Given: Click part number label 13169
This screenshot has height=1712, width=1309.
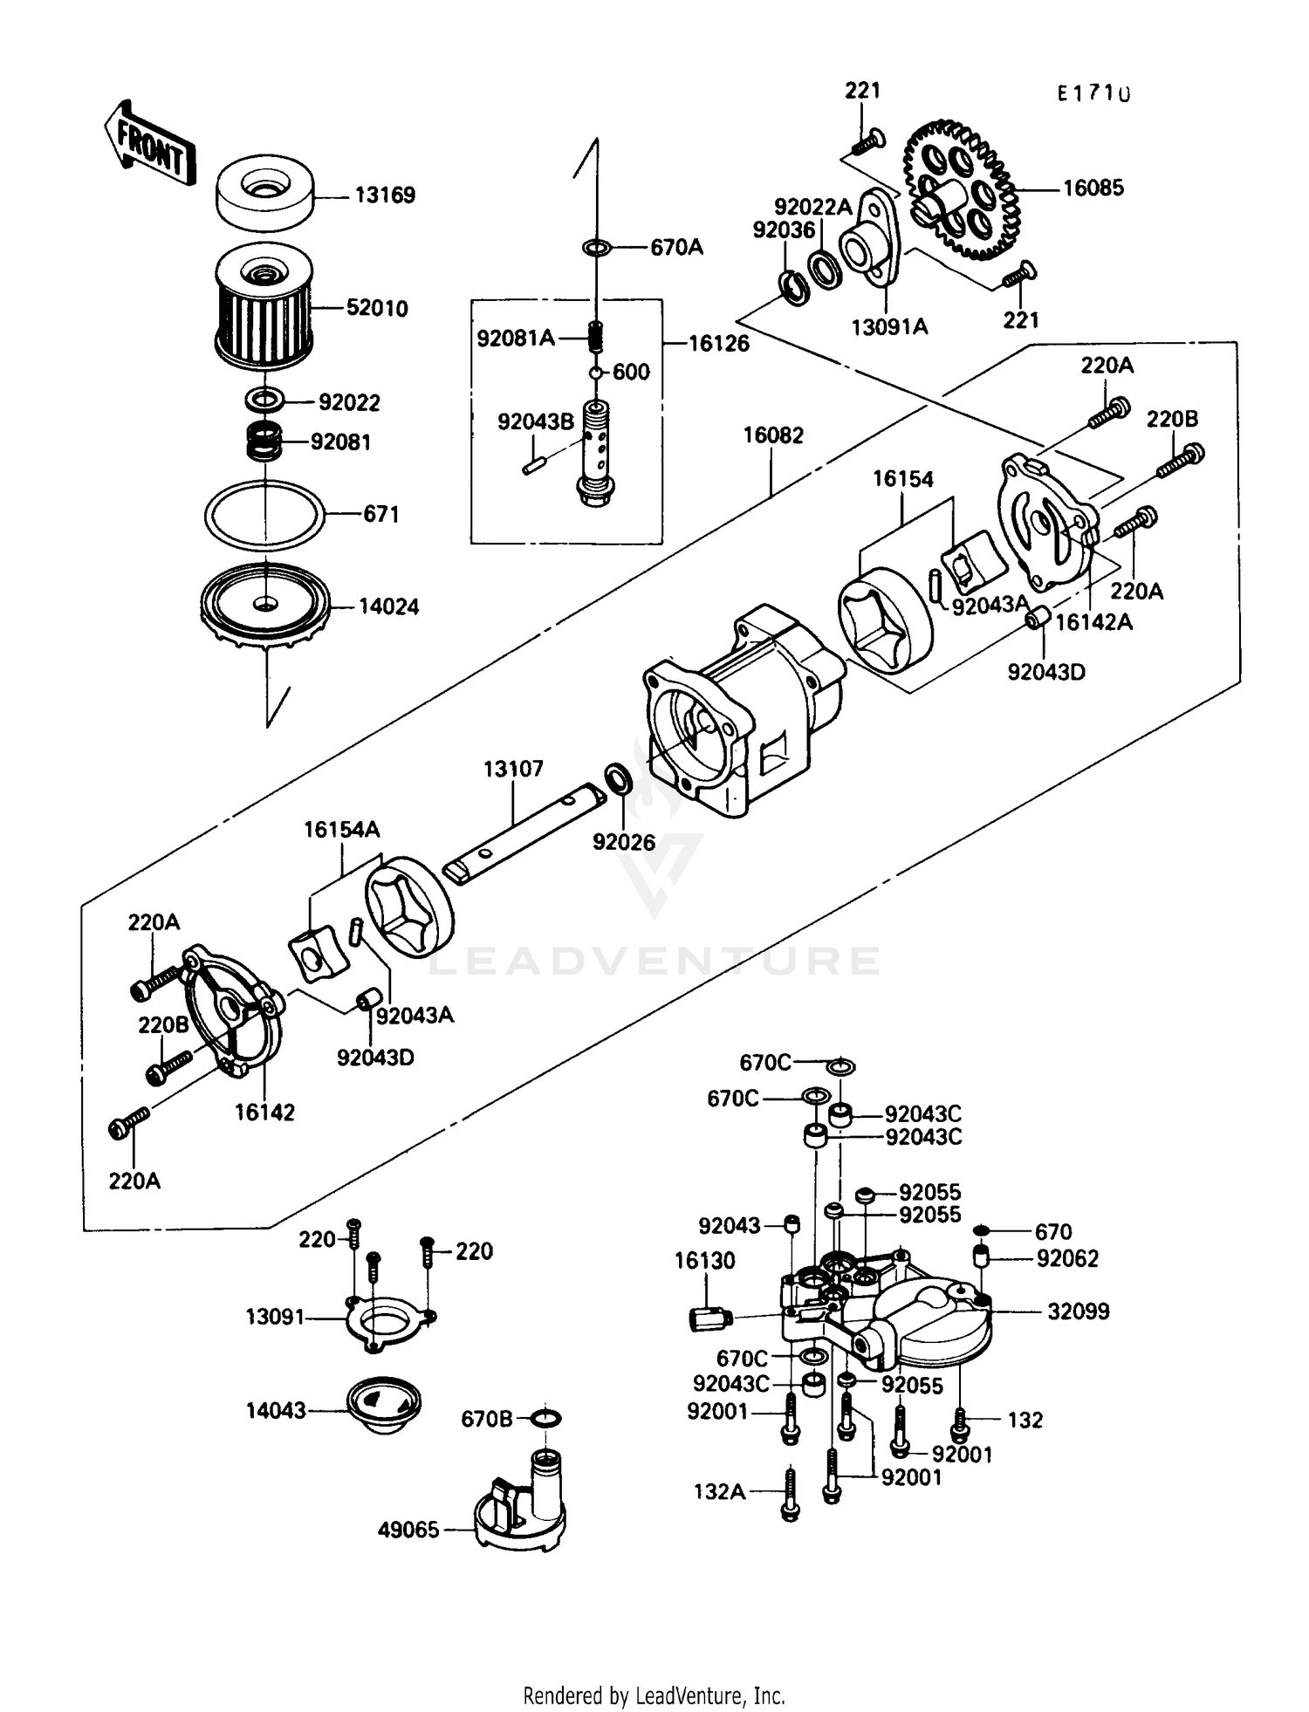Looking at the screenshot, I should [x=384, y=195].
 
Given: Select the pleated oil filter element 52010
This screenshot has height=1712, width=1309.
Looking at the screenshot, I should [x=264, y=307].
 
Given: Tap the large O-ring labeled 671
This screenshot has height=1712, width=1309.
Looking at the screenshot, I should [x=264, y=515].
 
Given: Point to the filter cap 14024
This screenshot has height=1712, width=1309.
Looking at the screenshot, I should [x=264, y=606].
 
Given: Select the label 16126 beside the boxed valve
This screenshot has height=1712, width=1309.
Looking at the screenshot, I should [x=718, y=344].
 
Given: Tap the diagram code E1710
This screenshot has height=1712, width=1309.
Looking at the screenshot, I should [x=1093, y=93].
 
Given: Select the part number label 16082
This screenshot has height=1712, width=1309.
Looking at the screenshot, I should [x=772, y=435].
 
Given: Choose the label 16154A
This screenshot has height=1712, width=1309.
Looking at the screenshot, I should [x=341, y=830].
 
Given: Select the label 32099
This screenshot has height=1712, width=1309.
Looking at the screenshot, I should [x=1078, y=1311].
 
